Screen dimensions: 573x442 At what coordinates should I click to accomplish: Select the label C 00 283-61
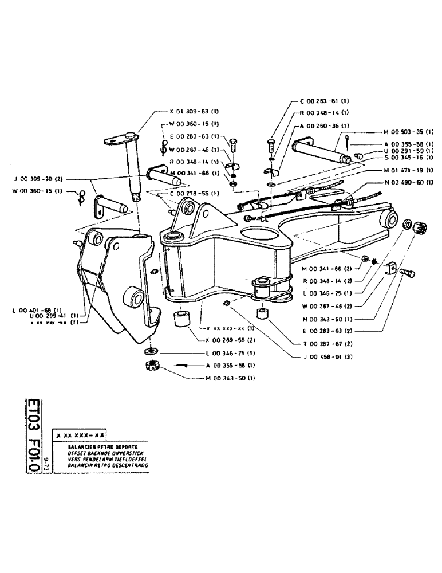[x=323, y=101]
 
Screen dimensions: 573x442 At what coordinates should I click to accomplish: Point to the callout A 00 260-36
[x=324, y=125]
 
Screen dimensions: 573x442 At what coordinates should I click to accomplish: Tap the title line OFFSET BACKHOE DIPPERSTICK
[x=100, y=451]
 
